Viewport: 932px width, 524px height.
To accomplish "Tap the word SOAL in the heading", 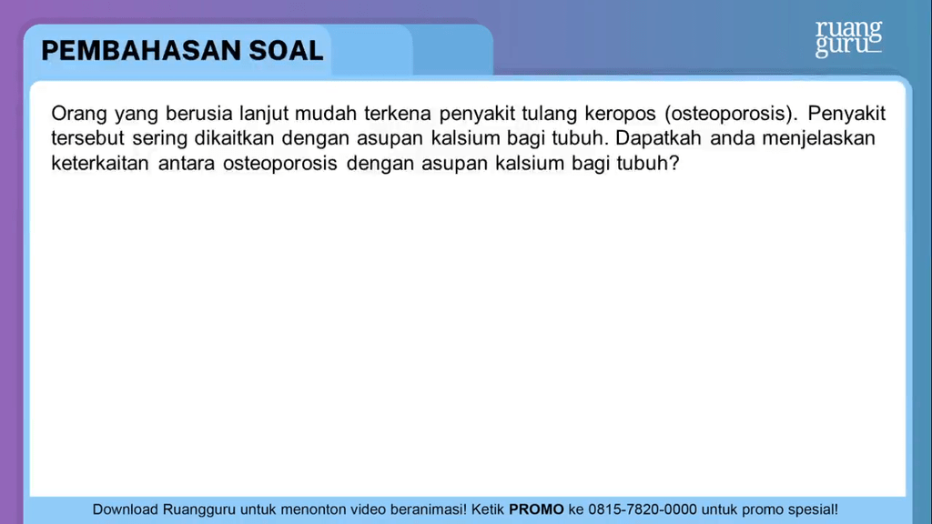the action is point(286,51).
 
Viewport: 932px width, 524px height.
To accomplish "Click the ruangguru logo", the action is point(848,38).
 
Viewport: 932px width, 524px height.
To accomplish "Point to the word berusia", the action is point(198,113).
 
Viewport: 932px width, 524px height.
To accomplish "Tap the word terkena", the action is point(398,113).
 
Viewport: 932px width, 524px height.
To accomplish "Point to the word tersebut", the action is point(87,138).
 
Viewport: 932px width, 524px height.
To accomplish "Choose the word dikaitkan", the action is point(234,138).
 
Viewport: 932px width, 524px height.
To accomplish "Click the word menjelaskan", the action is point(818,139).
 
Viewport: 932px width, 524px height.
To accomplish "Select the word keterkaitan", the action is point(100,163).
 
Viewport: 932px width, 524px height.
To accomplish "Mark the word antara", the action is point(187,164).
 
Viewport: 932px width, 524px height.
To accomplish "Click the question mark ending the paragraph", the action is point(674,163).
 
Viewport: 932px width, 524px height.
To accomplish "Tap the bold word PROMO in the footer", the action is point(536,509).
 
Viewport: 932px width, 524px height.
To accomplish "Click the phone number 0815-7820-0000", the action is point(643,509).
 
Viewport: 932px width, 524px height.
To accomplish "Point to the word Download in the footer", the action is point(125,509).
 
